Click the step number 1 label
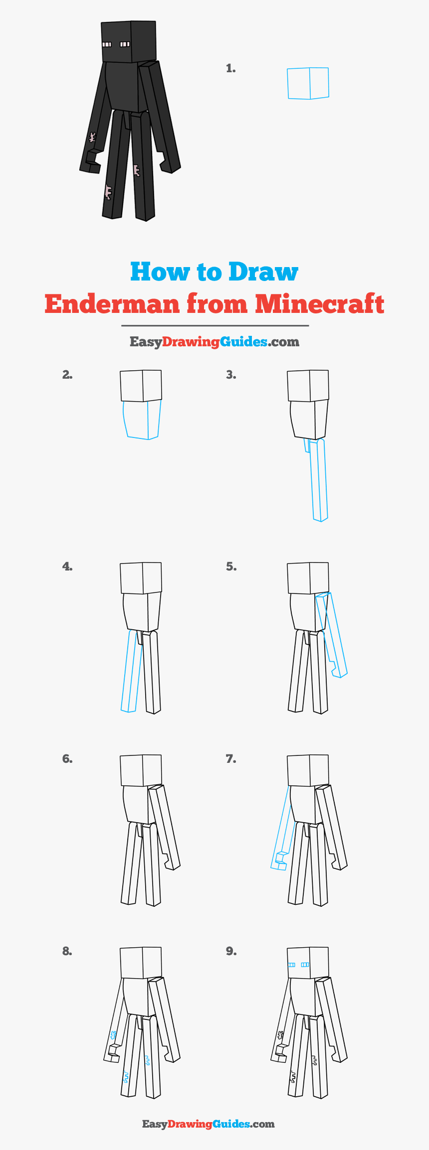point(230,69)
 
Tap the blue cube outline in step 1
point(308,83)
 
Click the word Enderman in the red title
point(112,304)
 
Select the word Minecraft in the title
point(319,304)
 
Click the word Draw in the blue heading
point(263,272)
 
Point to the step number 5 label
point(231,567)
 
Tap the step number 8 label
point(67,951)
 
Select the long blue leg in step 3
point(319,481)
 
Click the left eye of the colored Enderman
point(107,45)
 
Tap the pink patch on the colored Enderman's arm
point(92,137)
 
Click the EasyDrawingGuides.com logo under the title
point(214,342)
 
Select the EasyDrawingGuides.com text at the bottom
point(209,1124)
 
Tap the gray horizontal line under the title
point(215,325)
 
